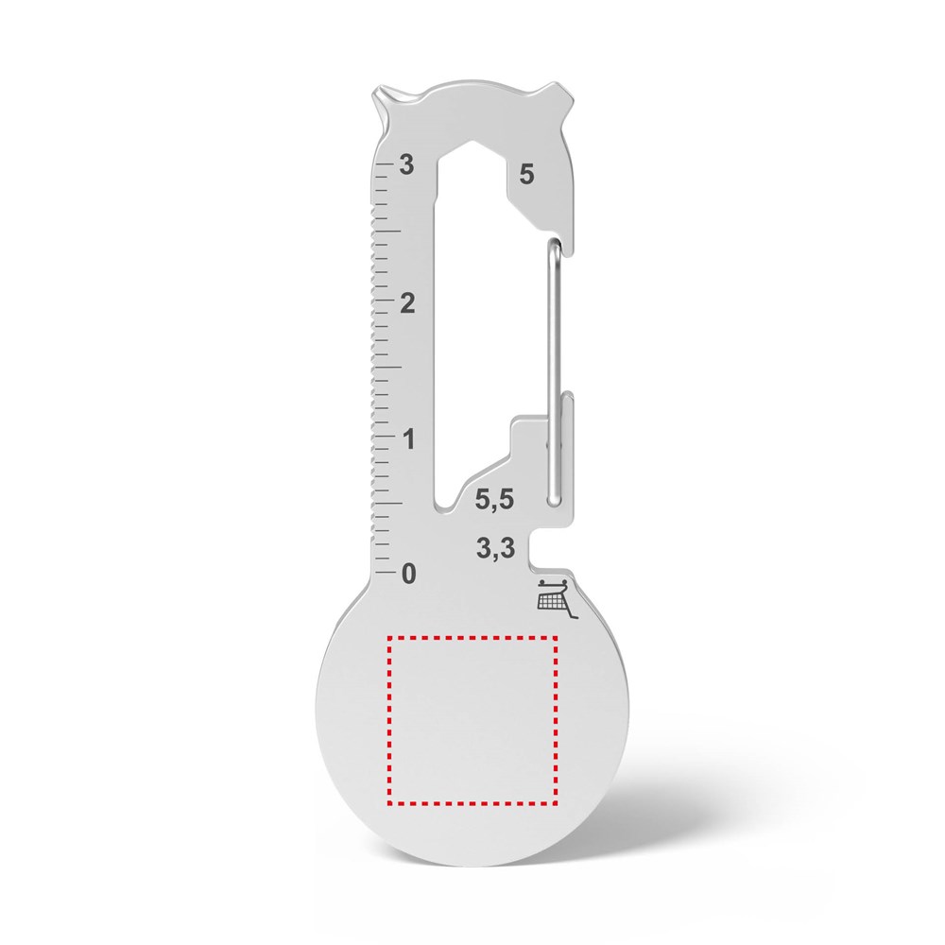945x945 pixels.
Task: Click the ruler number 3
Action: point(407,164)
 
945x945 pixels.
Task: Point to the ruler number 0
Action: point(408,573)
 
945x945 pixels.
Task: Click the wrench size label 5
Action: point(526,174)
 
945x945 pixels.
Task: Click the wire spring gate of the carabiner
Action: point(550,378)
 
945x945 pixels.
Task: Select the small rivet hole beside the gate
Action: point(551,440)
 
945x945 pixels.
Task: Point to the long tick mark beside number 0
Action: point(386,572)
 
